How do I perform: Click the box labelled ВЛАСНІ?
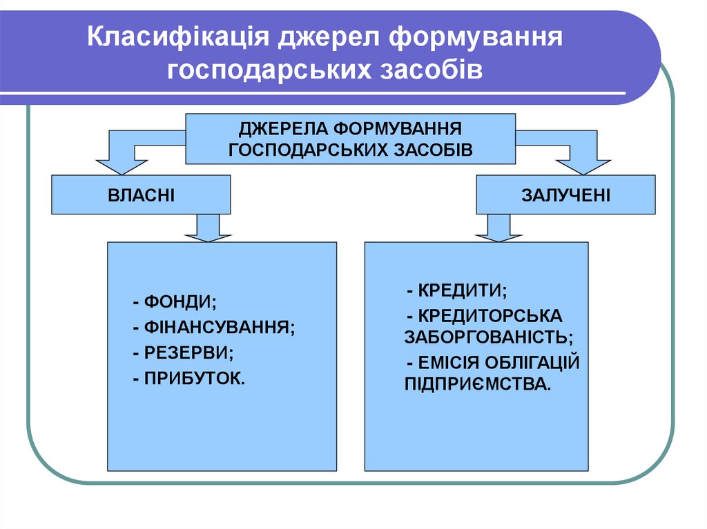[141, 194]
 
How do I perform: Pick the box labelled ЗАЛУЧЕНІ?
[565, 194]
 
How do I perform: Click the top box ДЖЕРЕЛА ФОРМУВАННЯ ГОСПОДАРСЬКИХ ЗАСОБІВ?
[350, 139]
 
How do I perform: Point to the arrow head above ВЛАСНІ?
[123, 166]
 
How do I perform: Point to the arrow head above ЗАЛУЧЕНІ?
[583, 166]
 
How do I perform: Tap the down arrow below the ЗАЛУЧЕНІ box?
[498, 229]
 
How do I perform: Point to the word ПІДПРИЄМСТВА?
[478, 384]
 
